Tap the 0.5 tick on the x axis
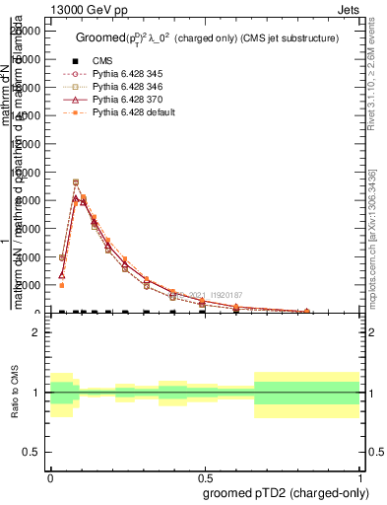click(205, 473)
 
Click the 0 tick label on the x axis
click(51, 473)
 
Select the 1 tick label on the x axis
click(359, 473)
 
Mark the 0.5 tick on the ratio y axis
click(31, 452)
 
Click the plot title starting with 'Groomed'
click(207, 38)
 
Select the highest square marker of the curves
click(76, 182)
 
